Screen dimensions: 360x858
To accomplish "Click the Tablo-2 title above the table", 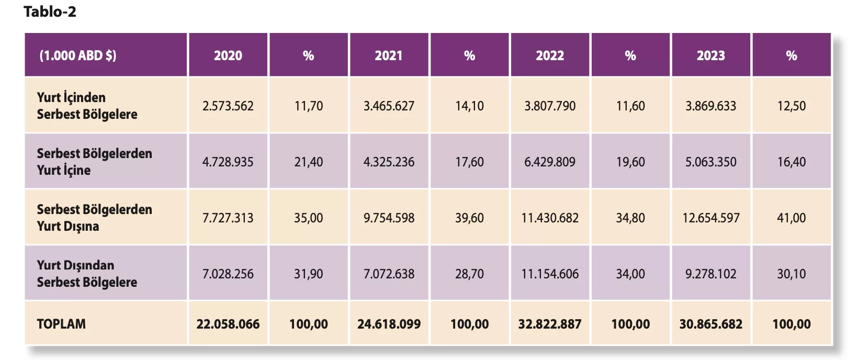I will tap(50, 12).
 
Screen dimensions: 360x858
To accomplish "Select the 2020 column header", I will tap(228, 55).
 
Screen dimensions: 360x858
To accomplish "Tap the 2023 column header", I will tap(710, 55).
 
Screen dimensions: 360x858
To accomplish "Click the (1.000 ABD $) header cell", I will tap(78, 55).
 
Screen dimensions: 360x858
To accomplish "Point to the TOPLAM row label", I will tap(61, 324).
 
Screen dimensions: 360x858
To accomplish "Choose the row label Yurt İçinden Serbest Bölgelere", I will tap(87, 106).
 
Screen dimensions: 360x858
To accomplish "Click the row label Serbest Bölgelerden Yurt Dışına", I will tap(94, 218).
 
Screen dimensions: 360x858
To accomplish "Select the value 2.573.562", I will tap(228, 106).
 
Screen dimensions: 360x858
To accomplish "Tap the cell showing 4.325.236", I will tap(389, 162).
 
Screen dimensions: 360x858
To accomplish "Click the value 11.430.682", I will tap(550, 218).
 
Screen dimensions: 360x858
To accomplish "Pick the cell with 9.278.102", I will tap(710, 274).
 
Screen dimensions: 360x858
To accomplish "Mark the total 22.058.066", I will tap(228, 324).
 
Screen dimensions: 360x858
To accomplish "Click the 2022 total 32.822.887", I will tap(550, 324).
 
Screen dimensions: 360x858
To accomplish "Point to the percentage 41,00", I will tap(791, 218).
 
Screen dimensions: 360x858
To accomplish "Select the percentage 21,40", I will tap(308, 162).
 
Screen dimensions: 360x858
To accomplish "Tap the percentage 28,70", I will tap(469, 274).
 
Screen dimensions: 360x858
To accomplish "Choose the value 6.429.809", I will tap(550, 162).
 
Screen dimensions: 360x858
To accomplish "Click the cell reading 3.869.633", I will tap(710, 106).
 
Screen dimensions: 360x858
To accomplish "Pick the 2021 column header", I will tap(389, 55).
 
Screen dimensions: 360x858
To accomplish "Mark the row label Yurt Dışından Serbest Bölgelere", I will tap(87, 274).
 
